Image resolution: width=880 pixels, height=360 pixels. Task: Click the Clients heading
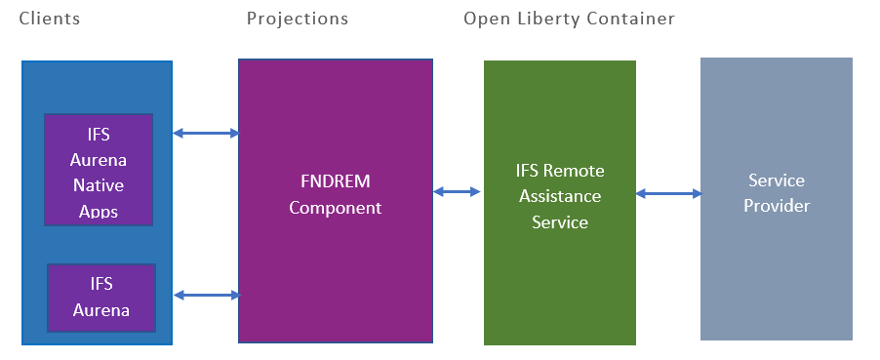[50, 19]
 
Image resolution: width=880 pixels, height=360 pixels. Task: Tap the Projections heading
[298, 20]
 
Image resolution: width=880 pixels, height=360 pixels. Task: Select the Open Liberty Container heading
[569, 20]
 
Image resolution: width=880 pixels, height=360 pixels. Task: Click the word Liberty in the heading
[550, 20]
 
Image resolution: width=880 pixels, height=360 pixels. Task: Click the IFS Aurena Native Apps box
[99, 170]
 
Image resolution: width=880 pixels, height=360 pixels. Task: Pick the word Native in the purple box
[99, 185]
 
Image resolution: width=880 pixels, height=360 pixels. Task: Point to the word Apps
[99, 211]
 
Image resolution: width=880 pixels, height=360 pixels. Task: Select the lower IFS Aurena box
[101, 298]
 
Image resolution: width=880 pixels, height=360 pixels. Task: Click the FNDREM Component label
[336, 195]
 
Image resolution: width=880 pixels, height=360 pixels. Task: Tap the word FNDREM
[336, 182]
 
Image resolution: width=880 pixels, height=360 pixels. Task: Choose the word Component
[336, 208]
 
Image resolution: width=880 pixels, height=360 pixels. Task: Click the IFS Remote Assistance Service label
[560, 196]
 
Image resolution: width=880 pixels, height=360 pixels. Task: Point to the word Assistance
[560, 196]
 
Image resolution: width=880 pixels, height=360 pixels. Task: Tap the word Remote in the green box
[573, 170]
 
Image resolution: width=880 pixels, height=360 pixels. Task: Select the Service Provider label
[777, 192]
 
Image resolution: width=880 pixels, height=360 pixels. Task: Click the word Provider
[777, 206]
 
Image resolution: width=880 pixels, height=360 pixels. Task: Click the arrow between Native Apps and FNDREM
[206, 133]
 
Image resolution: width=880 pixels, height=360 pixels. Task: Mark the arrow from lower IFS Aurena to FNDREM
[207, 295]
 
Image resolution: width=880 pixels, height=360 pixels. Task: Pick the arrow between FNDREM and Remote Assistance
[457, 192]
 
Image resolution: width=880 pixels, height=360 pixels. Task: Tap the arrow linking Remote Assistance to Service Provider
[669, 194]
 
